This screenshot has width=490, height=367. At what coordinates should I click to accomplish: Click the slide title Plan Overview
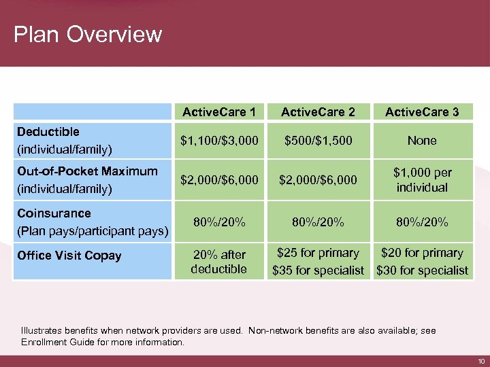(88, 34)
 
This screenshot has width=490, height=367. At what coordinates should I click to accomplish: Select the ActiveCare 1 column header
(219, 112)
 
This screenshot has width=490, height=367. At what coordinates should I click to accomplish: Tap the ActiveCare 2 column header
(317, 112)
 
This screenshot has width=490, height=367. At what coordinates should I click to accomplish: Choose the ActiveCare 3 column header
(422, 112)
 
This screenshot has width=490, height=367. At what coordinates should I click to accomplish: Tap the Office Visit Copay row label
(69, 256)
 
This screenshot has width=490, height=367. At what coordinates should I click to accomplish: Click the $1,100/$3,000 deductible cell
(219, 141)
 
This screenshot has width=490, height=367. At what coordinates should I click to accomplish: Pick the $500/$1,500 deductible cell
(317, 141)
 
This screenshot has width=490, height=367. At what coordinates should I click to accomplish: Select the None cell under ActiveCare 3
(422, 141)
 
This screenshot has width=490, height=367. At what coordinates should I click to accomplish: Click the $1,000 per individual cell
(422, 179)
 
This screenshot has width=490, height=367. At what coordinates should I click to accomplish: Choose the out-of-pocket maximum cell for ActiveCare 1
(219, 179)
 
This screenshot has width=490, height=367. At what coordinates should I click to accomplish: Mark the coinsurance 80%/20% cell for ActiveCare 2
(317, 222)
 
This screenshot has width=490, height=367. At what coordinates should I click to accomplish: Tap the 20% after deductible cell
(219, 261)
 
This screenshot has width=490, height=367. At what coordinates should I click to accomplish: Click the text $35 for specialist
(318, 270)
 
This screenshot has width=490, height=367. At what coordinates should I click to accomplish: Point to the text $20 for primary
(422, 253)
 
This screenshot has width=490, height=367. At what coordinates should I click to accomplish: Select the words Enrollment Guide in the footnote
(56, 342)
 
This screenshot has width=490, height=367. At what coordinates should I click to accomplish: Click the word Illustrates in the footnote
(41, 330)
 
